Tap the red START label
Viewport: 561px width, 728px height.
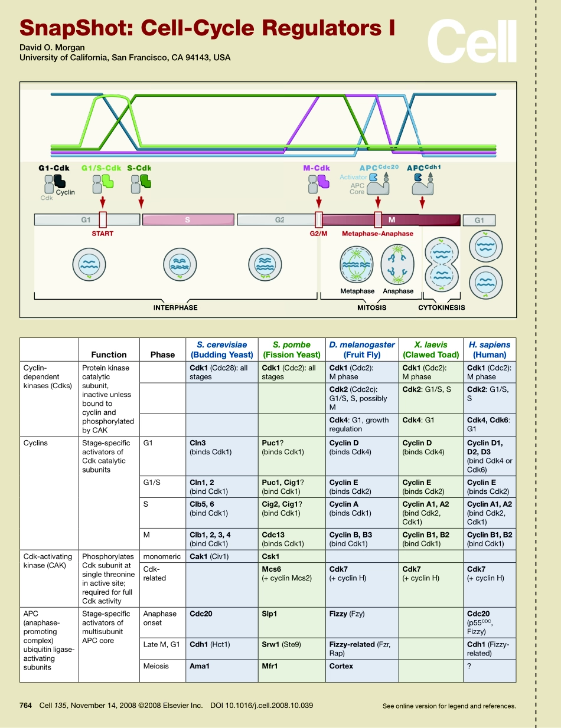click(103, 234)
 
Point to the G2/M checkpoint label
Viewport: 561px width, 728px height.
click(318, 234)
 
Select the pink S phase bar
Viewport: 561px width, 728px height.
click(187, 220)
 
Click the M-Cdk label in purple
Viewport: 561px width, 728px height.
click(316, 168)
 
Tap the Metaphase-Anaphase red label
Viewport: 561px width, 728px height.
click(377, 234)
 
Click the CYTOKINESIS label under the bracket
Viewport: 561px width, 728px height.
click(441, 307)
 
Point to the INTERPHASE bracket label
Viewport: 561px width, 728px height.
click(175, 307)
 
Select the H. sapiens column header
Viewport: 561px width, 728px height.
click(489, 349)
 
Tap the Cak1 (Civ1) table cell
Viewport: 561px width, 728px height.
click(209, 556)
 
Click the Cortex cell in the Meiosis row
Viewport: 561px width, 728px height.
click(341, 666)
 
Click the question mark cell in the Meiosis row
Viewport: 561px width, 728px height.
click(469, 666)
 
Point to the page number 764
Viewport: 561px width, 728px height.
click(25, 705)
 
